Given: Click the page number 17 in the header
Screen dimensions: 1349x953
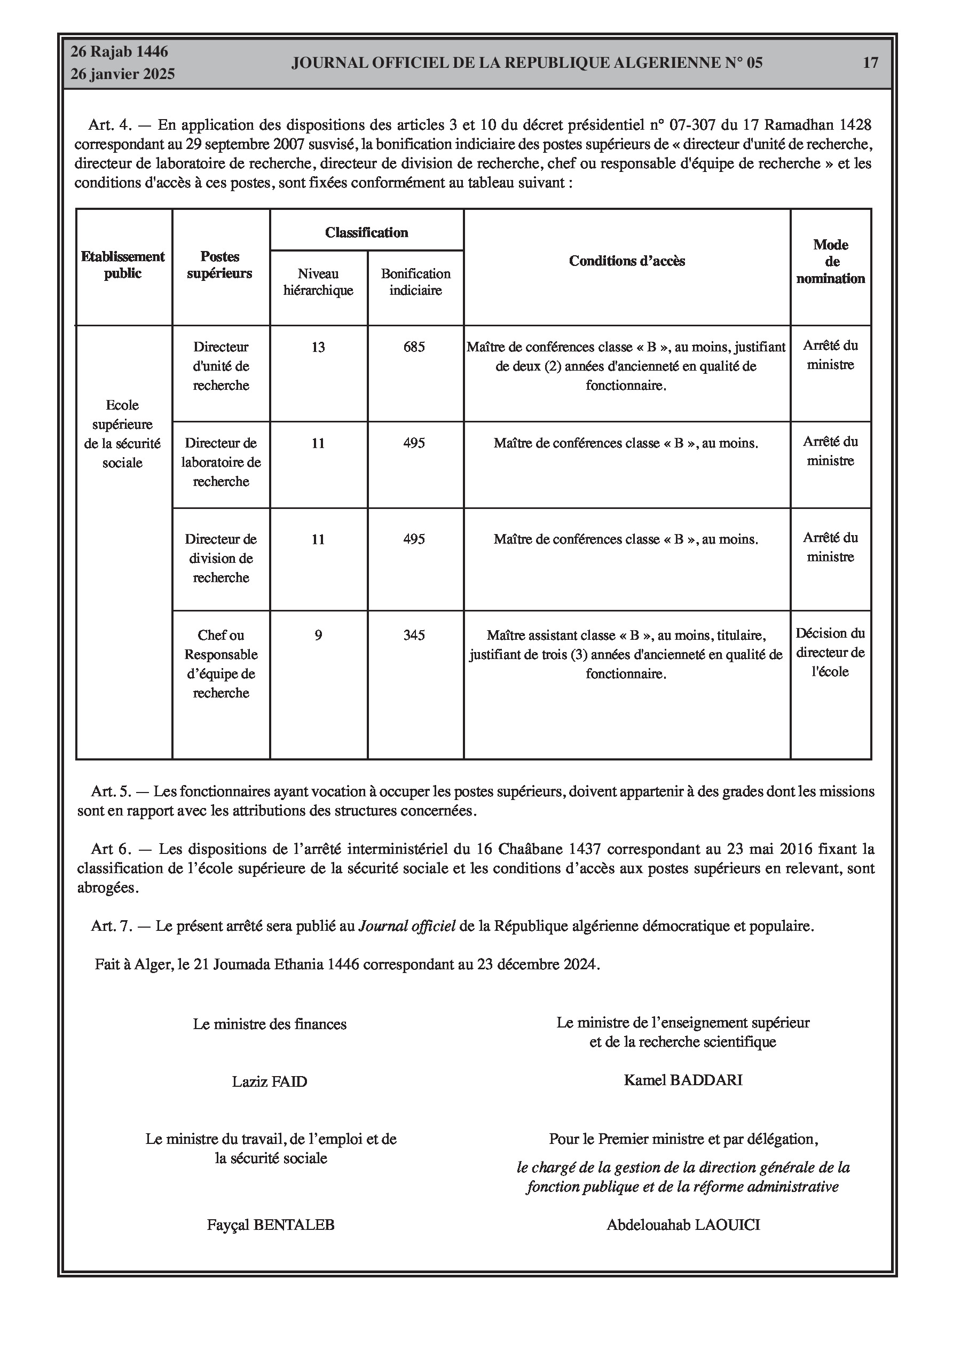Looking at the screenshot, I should coord(870,63).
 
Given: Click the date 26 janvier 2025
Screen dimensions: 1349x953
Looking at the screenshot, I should coord(123,74).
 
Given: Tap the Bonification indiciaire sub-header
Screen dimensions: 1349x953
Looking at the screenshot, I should coord(415,282).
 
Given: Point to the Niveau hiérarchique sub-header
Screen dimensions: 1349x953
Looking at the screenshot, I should coord(318,282).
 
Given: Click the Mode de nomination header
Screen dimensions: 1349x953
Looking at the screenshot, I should coord(830,262).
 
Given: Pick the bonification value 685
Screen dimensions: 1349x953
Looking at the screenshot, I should coord(414,347).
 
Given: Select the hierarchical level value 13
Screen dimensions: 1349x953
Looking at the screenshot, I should coord(318,347).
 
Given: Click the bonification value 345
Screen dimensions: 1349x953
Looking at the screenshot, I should coord(414,635).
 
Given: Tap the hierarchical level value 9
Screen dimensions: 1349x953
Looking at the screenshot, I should coord(318,635).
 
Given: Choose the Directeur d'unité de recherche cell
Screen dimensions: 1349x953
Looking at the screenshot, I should coord(221,366).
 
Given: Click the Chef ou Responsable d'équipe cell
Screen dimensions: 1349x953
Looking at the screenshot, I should coord(221,664).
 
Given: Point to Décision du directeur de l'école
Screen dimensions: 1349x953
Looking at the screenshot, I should coord(830,652).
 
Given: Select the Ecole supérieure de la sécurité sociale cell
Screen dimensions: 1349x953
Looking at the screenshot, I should coord(122,434).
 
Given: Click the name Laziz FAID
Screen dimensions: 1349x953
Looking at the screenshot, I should coord(269,1081).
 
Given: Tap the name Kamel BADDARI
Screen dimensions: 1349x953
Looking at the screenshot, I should coord(683,1080).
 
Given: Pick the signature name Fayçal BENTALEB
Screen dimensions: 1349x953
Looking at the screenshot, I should coord(270,1225).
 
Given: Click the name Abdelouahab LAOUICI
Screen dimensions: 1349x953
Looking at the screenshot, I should coord(683,1225).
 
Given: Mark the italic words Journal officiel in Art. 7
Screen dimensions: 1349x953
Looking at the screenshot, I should coord(407,927).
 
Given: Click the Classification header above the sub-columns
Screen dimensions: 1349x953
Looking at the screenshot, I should coord(367,233).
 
